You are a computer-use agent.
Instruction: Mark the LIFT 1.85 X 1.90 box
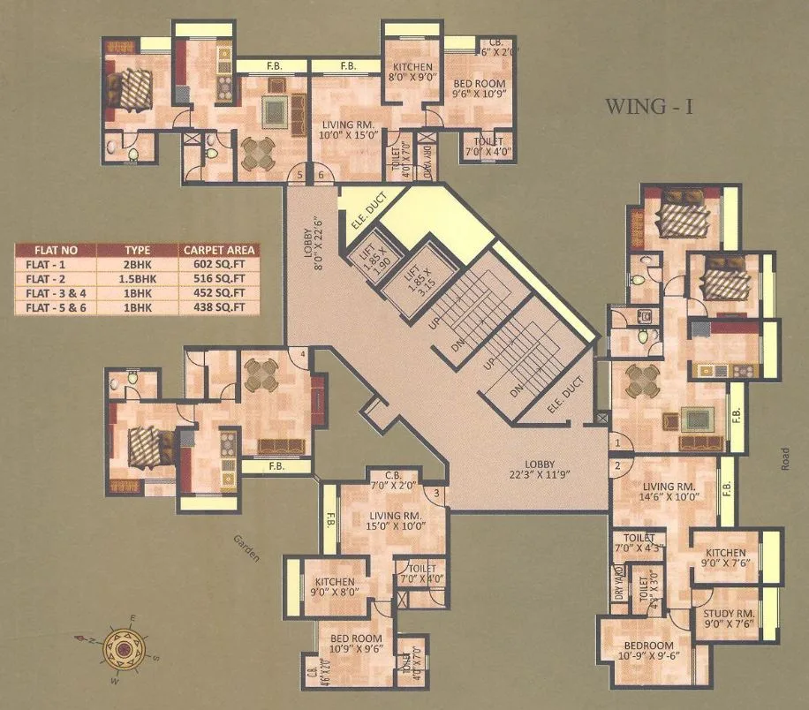pos(371,262)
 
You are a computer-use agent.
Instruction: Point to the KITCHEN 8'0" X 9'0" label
pos(412,72)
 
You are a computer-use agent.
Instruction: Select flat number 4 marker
pos(303,355)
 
